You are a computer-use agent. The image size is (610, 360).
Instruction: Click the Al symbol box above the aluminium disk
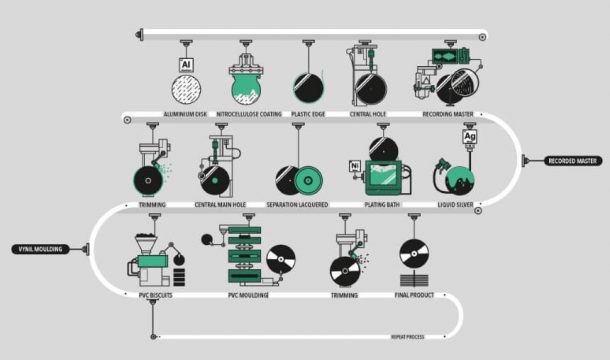point(185,65)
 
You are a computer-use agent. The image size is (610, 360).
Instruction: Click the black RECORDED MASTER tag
point(573,160)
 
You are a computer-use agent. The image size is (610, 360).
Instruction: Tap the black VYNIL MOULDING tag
point(39,248)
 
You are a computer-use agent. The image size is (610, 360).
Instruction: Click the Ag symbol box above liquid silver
point(470,136)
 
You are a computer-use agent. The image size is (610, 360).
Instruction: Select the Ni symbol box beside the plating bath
point(354,165)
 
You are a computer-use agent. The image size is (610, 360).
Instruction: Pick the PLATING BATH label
point(383,205)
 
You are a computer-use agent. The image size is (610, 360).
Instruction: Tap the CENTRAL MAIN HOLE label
point(220,205)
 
